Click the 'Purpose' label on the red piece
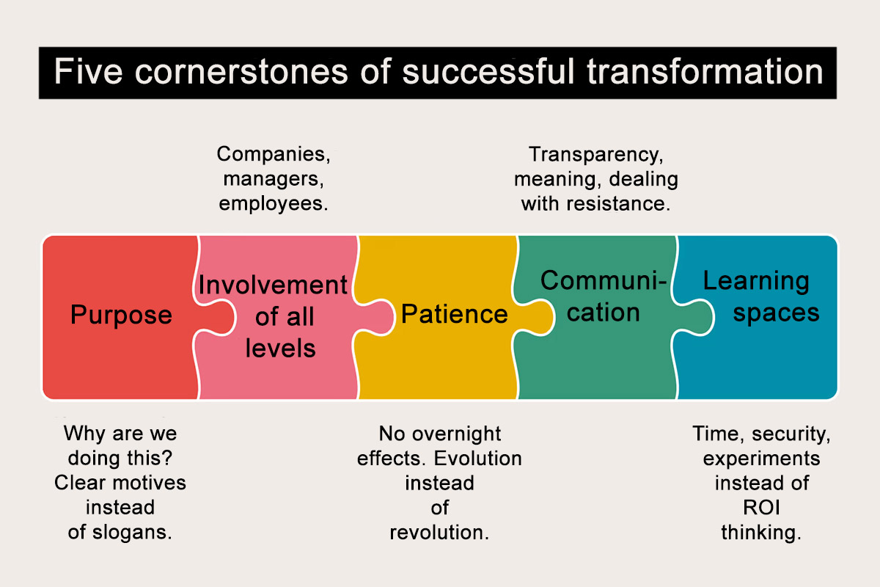[x=121, y=315]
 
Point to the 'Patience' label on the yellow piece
[x=454, y=314]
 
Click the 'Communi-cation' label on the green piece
[x=603, y=296]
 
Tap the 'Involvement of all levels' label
[x=273, y=316]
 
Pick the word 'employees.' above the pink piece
[x=273, y=203]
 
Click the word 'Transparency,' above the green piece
[x=595, y=154]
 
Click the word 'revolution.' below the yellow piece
[x=439, y=532]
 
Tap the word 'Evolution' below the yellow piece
[x=477, y=458]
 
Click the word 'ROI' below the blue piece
[x=761, y=507]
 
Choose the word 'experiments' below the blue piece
[x=761, y=458]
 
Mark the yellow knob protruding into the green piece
[x=539, y=316]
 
